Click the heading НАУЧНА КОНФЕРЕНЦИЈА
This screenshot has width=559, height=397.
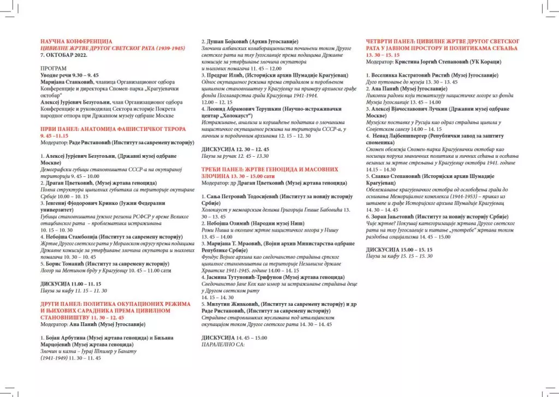[x=76, y=42]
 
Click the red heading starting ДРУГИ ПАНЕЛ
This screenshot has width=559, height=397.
[x=115, y=304]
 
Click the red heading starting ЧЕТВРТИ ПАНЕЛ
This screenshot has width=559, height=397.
[x=443, y=42]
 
